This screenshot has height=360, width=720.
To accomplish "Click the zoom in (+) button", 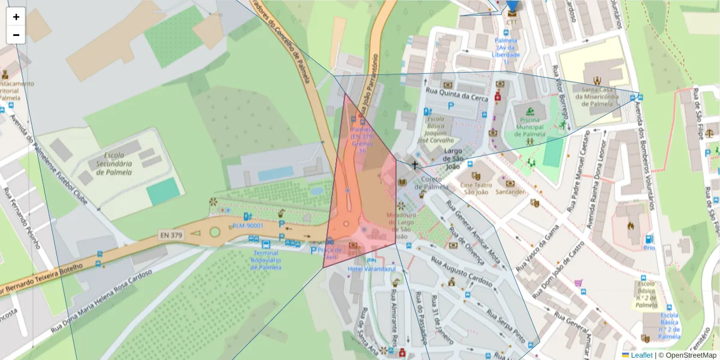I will pos(16,17).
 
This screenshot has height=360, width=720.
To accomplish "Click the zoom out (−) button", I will pos(16,35).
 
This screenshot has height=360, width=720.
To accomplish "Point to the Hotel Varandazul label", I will pos(371,269).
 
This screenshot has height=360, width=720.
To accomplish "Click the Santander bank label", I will pos(510,192).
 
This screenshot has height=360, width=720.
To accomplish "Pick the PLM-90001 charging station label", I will pos(248,226).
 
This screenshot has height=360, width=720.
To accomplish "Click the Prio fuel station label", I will pos(649,247).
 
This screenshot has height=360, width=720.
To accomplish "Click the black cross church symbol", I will pos(415,164).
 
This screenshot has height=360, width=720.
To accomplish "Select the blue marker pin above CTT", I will pos(512,7).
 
